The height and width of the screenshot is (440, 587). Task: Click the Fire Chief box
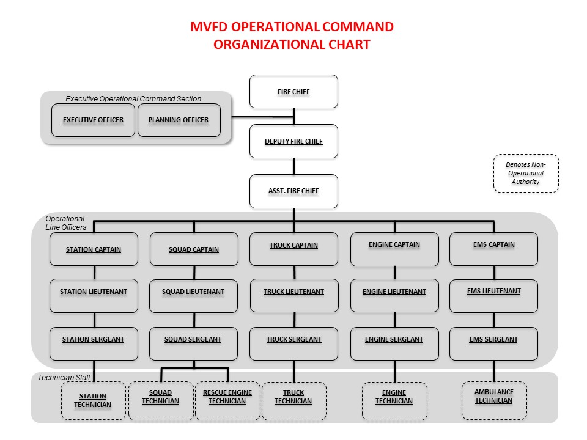point(293,92)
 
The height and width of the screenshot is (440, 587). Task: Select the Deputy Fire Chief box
point(293,141)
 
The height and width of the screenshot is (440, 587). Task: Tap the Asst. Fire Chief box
point(293,191)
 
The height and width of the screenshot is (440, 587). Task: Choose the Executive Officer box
point(93,120)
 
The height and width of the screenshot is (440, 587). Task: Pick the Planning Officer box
point(179,120)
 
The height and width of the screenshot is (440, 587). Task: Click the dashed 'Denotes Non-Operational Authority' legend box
point(526,174)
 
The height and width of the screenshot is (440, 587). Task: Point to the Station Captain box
point(94,249)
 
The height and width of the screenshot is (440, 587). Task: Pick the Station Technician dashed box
point(94,401)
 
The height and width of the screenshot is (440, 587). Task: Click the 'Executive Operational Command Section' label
point(133,98)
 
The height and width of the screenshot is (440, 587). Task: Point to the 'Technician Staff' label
point(64,378)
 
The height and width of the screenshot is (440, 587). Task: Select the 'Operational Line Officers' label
point(65,223)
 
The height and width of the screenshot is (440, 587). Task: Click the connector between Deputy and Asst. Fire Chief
point(294,166)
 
